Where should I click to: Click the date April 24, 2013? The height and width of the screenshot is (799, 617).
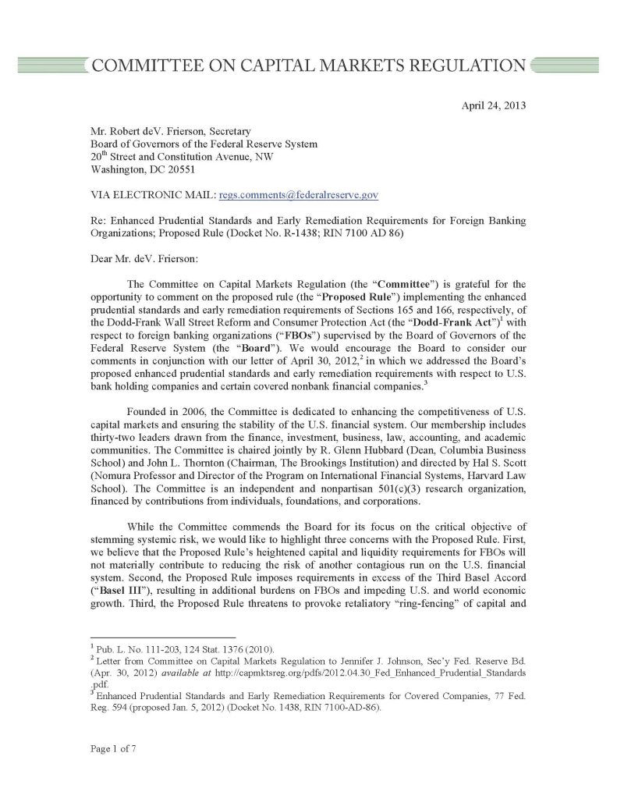[494, 102]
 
